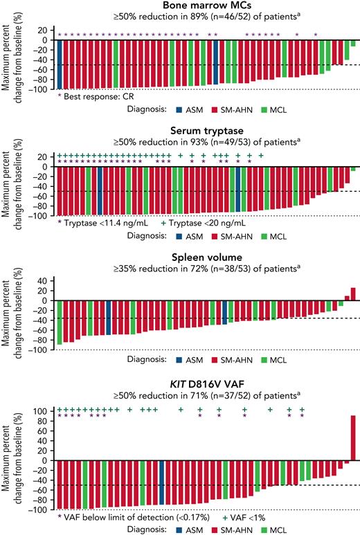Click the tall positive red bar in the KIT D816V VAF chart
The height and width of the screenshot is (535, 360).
click(x=353, y=437)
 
